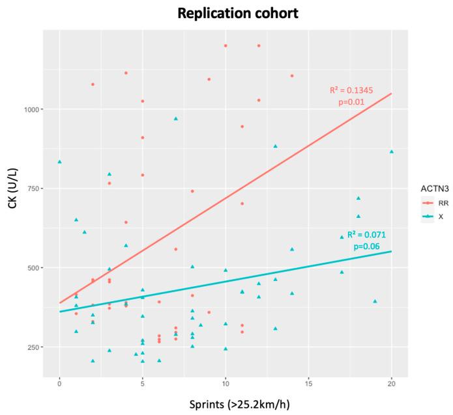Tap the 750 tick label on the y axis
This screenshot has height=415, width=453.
pos(36,189)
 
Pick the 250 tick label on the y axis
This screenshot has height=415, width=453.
pos(36,347)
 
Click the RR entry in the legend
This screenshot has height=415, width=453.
pos(442,203)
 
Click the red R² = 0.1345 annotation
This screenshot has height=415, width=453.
pos(351,90)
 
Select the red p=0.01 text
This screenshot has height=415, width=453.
pos(351,103)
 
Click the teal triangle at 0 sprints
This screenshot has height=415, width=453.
pos(60,161)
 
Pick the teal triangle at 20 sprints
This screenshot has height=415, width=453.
pos(391,152)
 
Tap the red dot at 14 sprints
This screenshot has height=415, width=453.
pos(292,75)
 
